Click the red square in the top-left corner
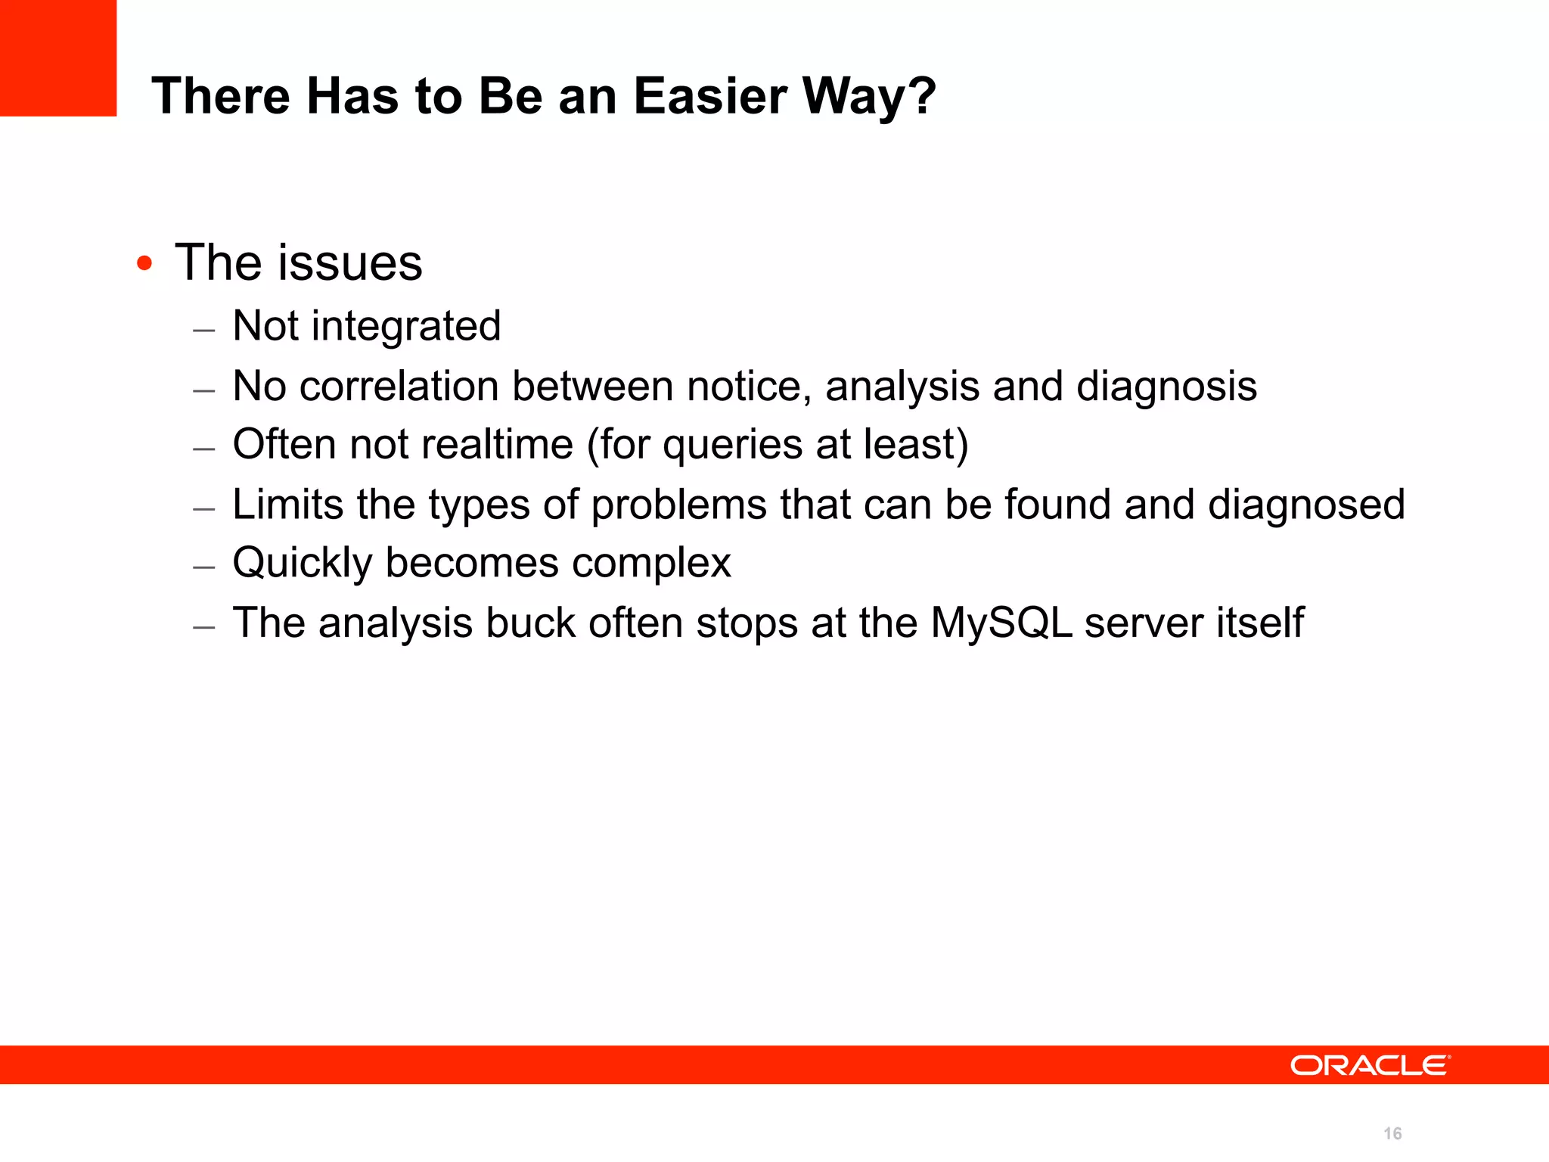coord(58,58)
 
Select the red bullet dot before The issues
coord(144,264)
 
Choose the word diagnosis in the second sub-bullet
coord(1166,387)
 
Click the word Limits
coord(287,505)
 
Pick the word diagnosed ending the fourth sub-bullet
coord(1306,505)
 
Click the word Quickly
coord(303,564)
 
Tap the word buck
coord(530,623)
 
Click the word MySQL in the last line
coord(1001,623)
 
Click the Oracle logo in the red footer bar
coord(1370,1065)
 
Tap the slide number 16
coord(1392,1133)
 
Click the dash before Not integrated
coord(204,331)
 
